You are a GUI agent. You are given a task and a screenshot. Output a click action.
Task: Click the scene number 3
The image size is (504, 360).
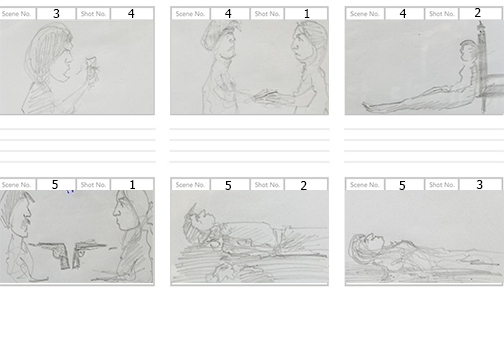pos(56,13)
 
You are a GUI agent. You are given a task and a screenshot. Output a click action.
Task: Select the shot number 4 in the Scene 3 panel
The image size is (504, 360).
pos(130,13)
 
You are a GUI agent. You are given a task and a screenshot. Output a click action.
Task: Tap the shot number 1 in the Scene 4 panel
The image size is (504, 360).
pos(306,13)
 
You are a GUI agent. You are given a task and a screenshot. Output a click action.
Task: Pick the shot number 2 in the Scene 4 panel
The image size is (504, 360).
pos(478,13)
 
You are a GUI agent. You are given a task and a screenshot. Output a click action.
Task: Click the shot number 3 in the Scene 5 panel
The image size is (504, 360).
pos(478,185)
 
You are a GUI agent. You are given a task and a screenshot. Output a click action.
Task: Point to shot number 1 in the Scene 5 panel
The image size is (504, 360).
pos(131,185)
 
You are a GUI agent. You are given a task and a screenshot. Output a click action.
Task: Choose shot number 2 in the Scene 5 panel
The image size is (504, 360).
pos(303,185)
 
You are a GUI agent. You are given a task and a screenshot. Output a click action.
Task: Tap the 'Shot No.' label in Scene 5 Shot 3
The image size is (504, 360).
pos(441,185)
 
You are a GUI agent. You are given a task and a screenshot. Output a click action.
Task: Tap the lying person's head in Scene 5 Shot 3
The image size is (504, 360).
pos(364,243)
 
